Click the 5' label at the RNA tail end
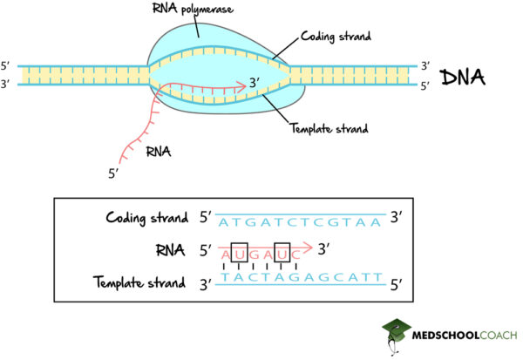coord(112,173)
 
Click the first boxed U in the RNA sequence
coord(240,254)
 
